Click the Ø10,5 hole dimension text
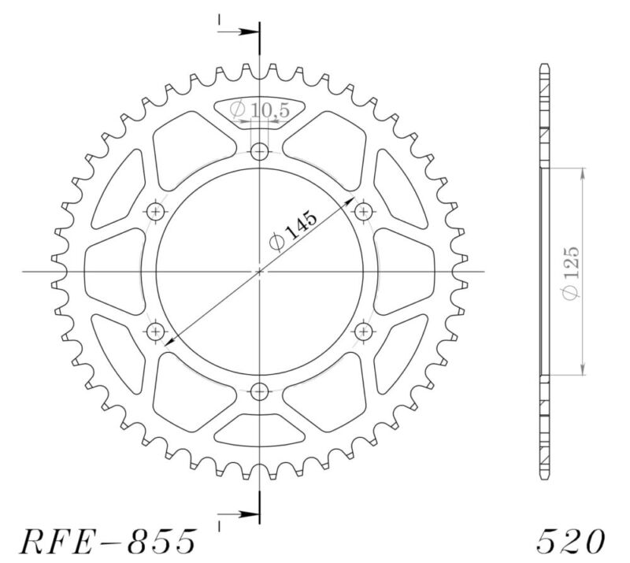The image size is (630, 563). click(x=260, y=111)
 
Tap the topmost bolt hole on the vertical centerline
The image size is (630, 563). click(x=260, y=152)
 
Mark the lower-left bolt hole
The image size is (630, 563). click(x=156, y=332)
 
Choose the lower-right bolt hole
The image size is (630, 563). click(x=364, y=332)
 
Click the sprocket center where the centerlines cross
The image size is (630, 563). click(x=260, y=272)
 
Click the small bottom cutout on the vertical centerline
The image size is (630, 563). click(x=260, y=432)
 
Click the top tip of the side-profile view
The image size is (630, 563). click(x=543, y=63)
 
